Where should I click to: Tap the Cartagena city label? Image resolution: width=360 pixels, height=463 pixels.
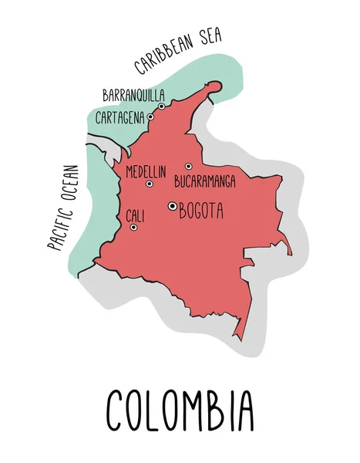click(x=120, y=118)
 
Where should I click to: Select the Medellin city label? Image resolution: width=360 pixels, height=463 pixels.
click(x=146, y=171)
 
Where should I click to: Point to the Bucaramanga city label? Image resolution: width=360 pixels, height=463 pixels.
click(x=206, y=183)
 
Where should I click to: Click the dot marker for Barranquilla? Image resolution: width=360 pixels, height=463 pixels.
click(x=162, y=106)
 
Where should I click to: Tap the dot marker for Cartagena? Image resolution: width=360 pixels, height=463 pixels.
click(x=150, y=117)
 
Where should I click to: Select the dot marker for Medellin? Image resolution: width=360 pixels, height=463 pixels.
click(x=150, y=184)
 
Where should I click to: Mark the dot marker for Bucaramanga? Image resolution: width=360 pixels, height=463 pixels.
click(x=188, y=166)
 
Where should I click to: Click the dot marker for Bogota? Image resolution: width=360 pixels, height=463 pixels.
click(x=172, y=205)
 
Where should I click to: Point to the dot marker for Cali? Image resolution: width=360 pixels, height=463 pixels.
click(x=133, y=227)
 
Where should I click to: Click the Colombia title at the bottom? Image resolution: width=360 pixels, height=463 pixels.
click(x=180, y=410)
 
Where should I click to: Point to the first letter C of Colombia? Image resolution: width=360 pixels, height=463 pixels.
click(x=115, y=410)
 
